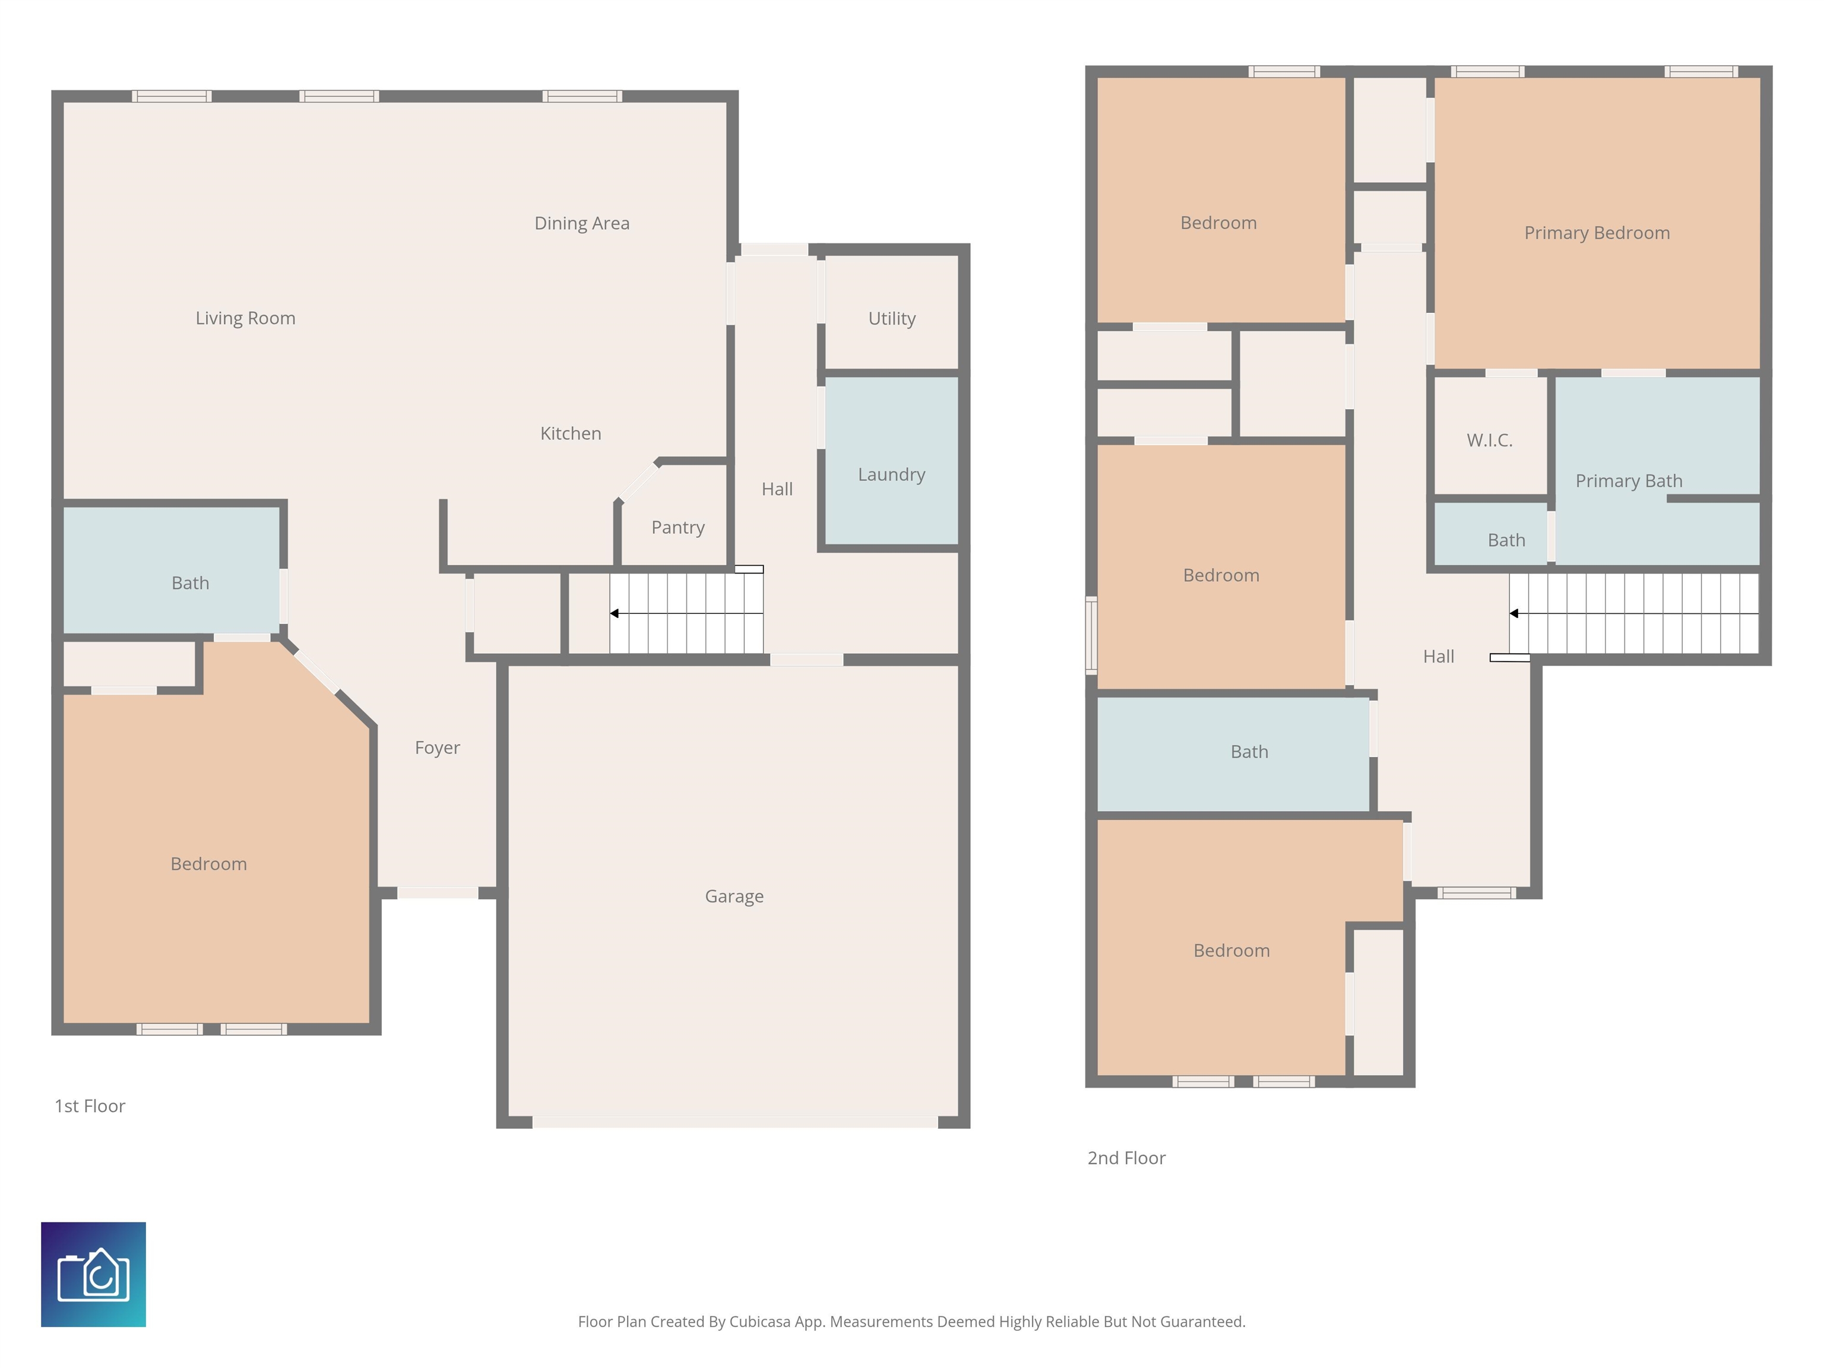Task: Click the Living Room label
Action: (245, 318)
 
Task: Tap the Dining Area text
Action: (581, 223)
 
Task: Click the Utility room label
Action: (891, 318)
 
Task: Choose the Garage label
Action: (734, 897)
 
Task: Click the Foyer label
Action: (437, 748)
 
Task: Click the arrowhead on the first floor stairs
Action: (615, 613)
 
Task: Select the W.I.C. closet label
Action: (1489, 441)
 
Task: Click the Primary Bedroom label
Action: (1597, 233)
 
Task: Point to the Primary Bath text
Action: (1629, 481)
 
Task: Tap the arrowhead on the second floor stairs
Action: (1514, 613)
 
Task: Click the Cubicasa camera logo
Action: (93, 1275)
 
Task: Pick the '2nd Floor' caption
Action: (1126, 1158)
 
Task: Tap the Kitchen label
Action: (571, 434)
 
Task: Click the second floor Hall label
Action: (1438, 656)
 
